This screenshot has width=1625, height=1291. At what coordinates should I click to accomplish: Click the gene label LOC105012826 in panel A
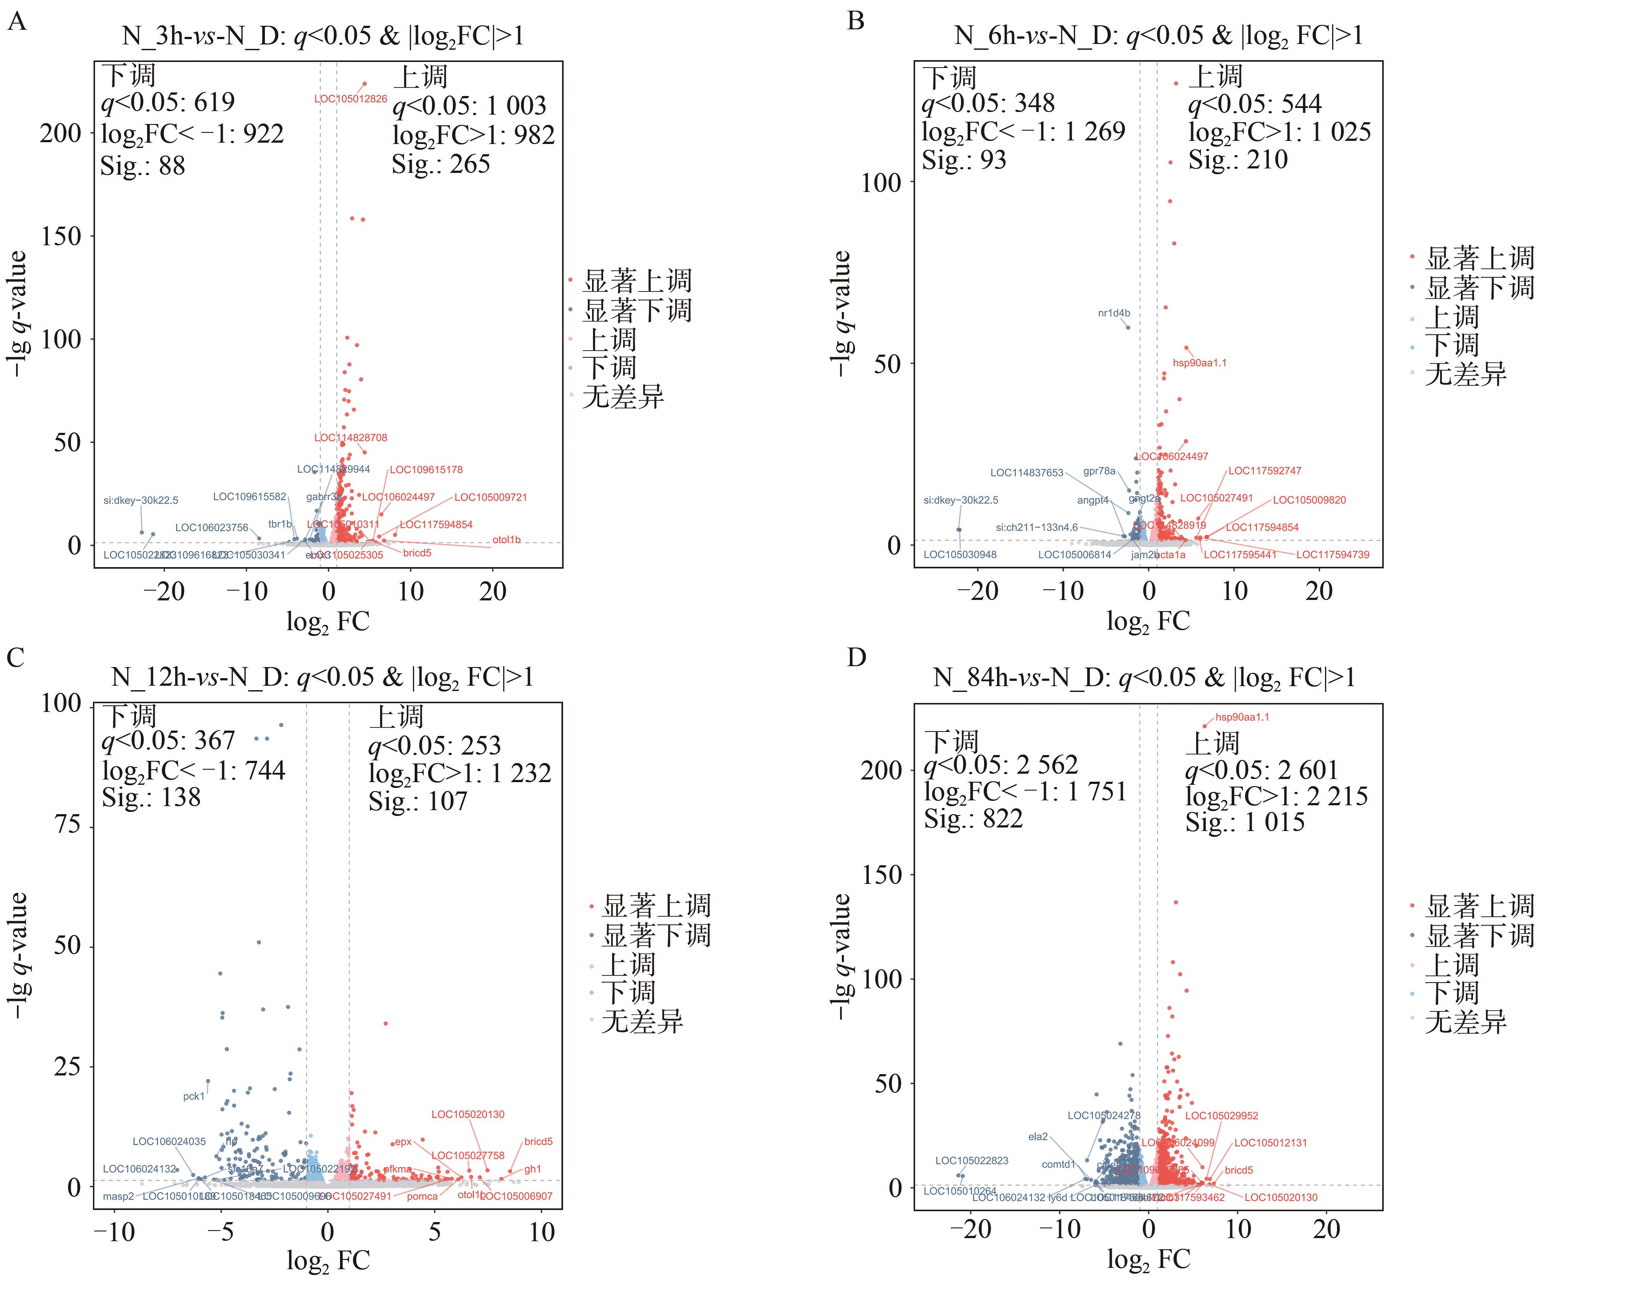point(351,99)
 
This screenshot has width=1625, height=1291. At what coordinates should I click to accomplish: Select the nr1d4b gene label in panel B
point(1113,313)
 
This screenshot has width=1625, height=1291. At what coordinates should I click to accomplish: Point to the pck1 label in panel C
point(194,1096)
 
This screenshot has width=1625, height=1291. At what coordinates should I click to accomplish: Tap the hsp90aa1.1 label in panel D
point(1242,717)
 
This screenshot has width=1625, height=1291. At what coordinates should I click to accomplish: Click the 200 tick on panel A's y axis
point(60,133)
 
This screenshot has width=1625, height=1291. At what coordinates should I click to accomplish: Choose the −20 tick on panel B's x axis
point(977,591)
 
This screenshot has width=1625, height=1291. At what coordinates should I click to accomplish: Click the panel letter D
point(856,657)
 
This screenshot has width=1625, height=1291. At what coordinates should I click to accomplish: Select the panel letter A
point(16,21)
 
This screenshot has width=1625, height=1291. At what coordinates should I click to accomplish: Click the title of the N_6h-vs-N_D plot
point(1158,36)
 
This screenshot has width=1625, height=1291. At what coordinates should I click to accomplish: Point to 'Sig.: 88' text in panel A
point(142,166)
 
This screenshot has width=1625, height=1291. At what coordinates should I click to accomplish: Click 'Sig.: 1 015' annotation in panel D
point(1245,821)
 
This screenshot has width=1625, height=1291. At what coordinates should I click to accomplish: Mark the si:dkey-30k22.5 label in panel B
point(960,500)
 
